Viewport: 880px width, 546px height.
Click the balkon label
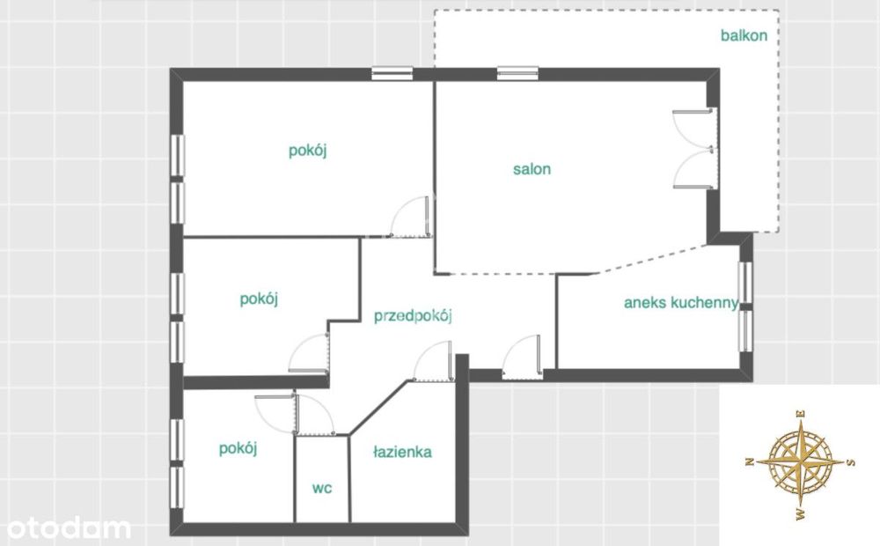(744, 35)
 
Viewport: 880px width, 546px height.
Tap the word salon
(532, 168)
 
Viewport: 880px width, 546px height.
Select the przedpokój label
(413, 315)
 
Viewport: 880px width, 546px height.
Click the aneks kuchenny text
(681, 303)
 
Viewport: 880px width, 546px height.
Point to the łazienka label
(402, 452)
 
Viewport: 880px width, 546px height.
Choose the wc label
(322, 488)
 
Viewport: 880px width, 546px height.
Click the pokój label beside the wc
(238, 449)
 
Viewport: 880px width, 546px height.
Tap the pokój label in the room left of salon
(307, 151)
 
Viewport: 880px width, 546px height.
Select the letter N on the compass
(749, 461)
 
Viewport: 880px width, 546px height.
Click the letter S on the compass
(851, 462)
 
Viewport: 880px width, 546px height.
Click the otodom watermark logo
(69, 528)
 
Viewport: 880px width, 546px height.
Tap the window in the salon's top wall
(517, 73)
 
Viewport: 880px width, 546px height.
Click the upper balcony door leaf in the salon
(693, 129)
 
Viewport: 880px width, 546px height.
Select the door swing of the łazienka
(433, 361)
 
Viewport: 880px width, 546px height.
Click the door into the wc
(315, 415)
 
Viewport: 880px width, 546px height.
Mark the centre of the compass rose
(801, 462)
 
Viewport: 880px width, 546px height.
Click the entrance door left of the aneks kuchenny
(522, 356)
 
